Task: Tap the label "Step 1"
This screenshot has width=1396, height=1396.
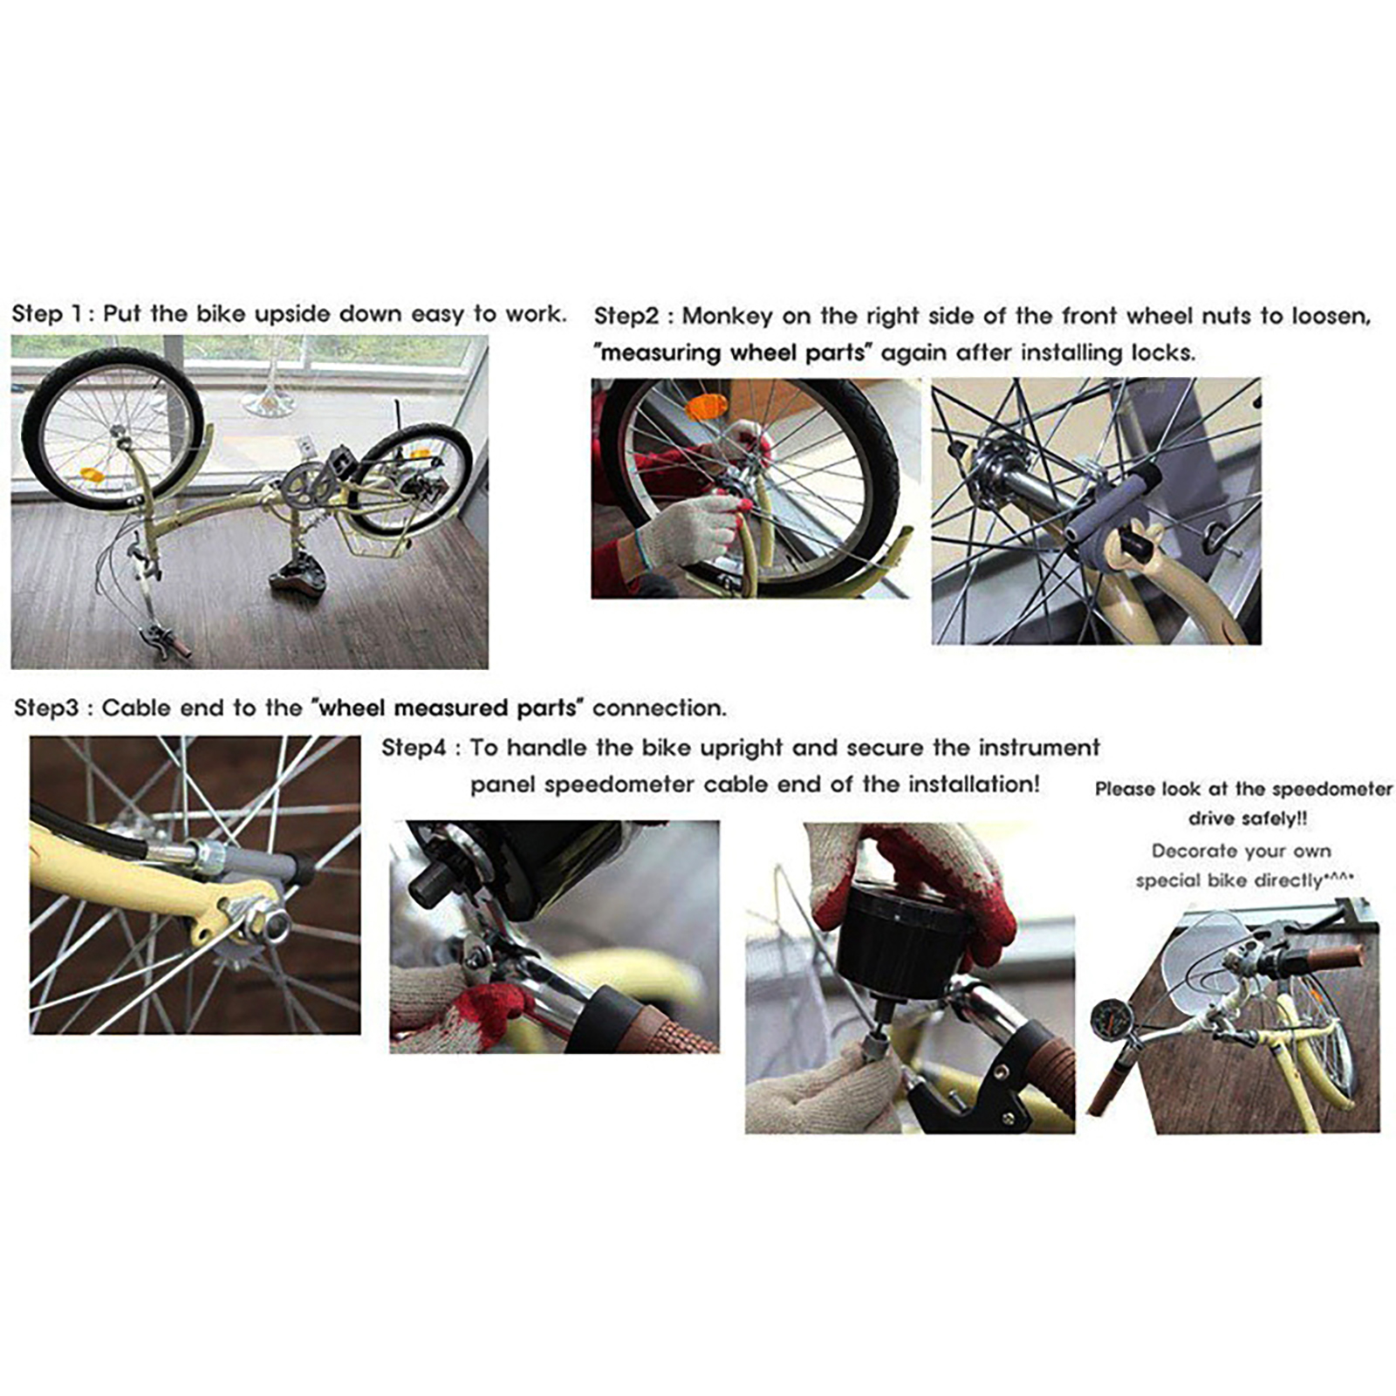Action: coord(50,314)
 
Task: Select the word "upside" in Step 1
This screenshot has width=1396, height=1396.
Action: coord(291,315)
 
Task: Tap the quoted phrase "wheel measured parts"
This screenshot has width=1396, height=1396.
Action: coord(448,708)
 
